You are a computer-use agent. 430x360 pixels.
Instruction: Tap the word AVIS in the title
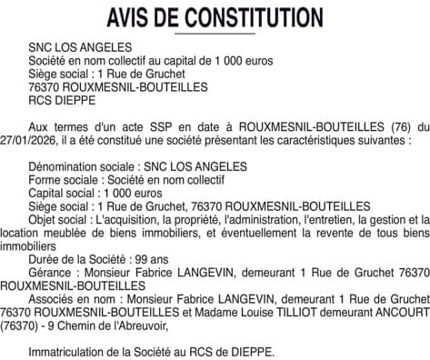[132, 17]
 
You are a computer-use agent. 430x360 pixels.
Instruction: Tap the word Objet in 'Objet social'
[45, 219]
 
